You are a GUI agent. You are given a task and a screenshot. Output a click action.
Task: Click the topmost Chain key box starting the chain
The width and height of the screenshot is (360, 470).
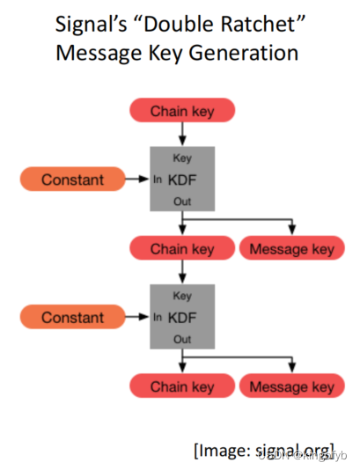182,111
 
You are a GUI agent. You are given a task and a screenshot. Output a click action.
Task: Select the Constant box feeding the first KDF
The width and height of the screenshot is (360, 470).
71,180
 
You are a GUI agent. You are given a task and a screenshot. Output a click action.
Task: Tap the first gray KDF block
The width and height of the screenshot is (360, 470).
182,180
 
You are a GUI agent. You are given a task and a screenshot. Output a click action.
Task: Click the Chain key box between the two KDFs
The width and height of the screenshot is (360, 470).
182,249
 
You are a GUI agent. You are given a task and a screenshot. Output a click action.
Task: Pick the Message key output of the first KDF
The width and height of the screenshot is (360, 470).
291,249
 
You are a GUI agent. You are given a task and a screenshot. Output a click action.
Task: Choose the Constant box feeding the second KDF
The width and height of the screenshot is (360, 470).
71,318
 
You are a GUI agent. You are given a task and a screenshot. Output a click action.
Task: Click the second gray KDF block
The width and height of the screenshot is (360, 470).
182,318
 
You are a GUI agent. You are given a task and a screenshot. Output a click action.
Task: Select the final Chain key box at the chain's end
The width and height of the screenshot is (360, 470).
182,386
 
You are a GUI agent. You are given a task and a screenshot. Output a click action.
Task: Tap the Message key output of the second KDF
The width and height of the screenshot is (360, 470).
291,386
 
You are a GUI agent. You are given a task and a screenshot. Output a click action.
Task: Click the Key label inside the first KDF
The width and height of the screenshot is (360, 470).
182,158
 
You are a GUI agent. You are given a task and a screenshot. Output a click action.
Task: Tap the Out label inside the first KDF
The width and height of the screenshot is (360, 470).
182,201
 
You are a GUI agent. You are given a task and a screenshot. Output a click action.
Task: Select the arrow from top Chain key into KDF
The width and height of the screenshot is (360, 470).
182,134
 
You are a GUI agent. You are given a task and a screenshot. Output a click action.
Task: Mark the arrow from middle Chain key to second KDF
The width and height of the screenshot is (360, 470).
182,272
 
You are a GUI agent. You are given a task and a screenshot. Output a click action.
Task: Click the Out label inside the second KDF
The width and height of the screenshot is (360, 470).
182,339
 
